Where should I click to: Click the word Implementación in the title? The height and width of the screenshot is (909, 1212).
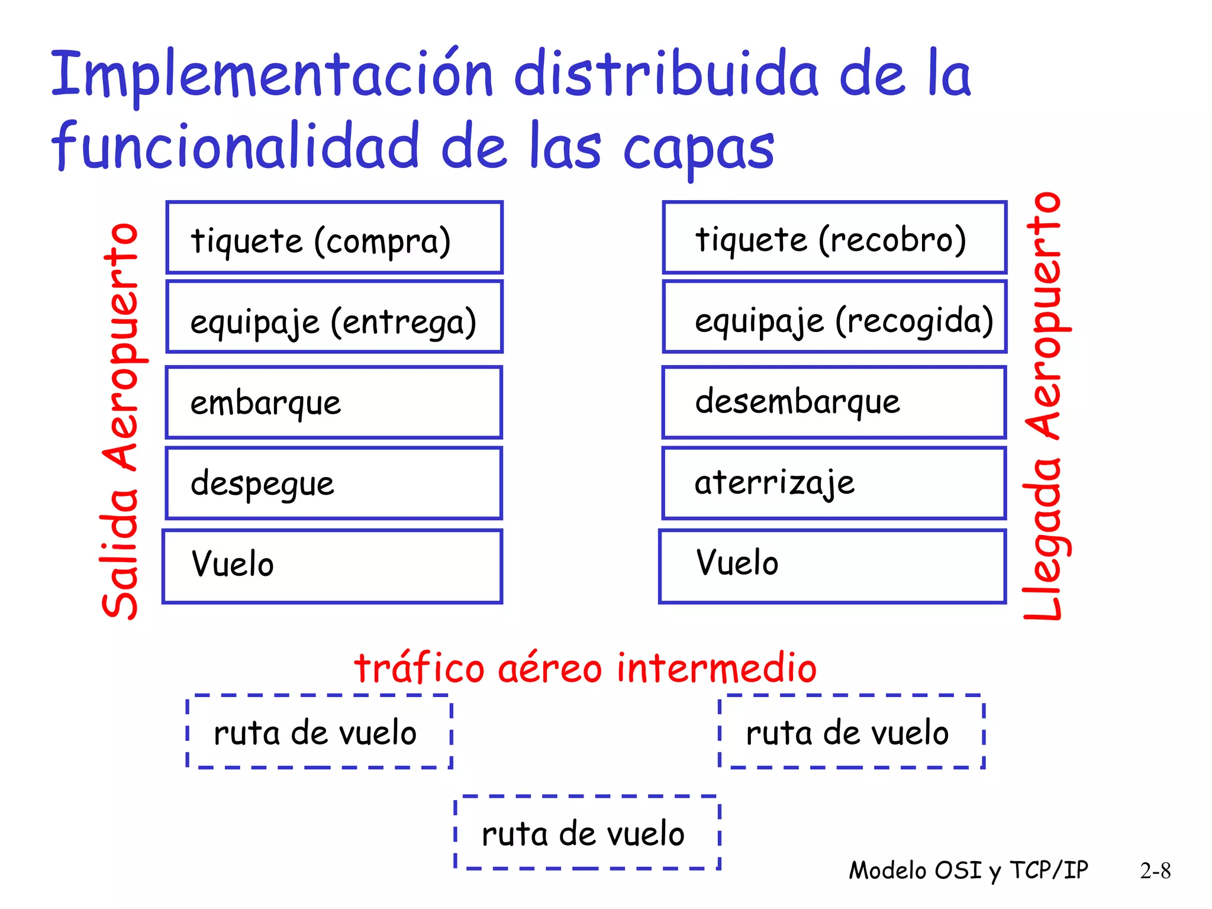point(272,76)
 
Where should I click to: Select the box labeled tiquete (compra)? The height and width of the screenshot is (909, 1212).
point(334,237)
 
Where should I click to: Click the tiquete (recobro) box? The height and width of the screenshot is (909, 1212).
point(834,237)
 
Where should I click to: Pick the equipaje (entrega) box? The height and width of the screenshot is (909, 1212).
point(334,317)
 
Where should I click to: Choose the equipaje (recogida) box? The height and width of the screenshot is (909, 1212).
point(834,317)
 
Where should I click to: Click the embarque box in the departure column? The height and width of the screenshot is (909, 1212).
point(334,402)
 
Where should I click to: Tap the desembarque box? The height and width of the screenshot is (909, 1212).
point(834,402)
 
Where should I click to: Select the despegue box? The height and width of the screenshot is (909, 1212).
point(334,483)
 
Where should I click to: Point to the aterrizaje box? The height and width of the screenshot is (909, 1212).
point(834,483)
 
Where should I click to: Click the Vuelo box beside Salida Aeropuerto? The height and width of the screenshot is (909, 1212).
point(333,566)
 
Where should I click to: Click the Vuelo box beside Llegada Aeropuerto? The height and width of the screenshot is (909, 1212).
point(833,566)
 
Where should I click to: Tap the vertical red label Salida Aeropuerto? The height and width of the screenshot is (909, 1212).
point(121,420)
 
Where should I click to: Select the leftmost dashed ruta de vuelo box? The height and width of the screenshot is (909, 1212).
point(320,732)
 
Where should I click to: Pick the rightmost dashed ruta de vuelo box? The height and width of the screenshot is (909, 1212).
point(852,732)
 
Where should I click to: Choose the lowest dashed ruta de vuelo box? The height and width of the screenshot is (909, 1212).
point(587,833)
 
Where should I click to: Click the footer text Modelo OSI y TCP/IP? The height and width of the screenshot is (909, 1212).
point(968,871)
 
